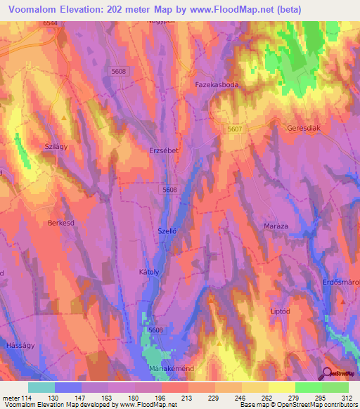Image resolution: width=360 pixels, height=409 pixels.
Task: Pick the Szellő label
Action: point(167,231)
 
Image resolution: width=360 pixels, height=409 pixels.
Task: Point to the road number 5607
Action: point(235,129)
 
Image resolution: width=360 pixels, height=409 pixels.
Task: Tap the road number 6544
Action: point(50,23)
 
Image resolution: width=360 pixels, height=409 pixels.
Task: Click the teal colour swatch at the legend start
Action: point(41,387)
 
